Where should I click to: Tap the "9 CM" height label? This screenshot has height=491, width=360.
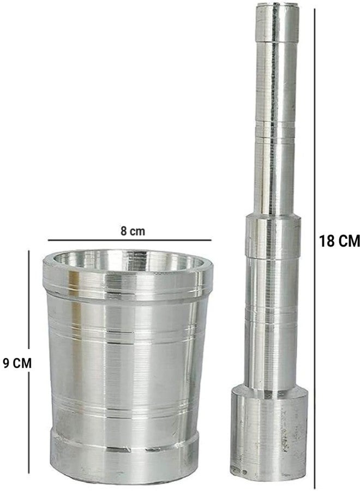pos(17,363)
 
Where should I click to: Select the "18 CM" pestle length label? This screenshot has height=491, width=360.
pos(339,241)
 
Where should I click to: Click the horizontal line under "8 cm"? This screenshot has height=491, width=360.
pos(130,240)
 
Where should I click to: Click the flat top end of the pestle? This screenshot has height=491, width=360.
pos(277,5)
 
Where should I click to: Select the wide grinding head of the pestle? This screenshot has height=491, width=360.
pos(269,434)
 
